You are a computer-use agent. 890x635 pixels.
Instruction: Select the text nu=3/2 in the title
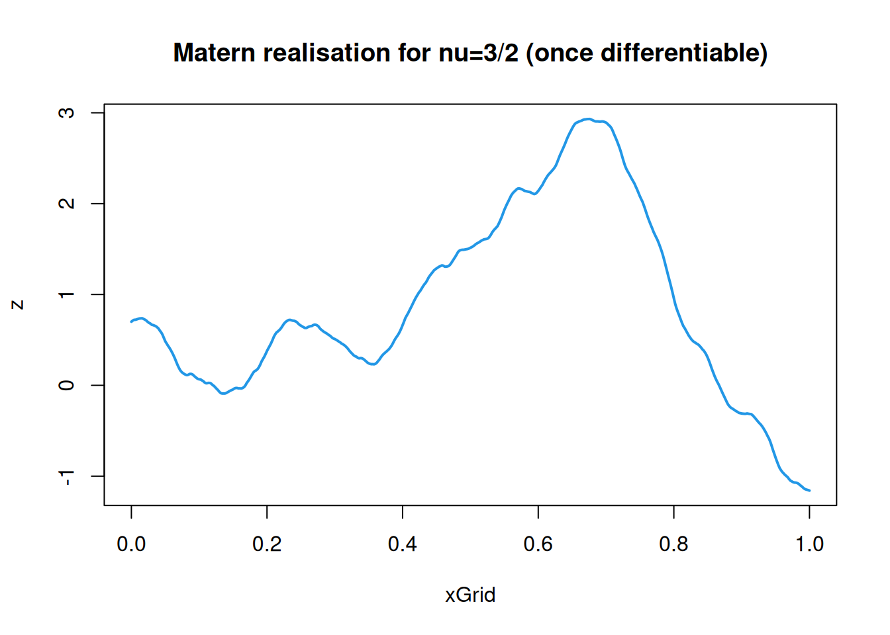click(x=478, y=53)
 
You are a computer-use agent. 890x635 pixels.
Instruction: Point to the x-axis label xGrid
click(x=470, y=595)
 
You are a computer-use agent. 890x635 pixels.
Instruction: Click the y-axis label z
click(x=18, y=304)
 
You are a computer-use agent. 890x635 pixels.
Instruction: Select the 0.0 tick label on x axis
click(x=131, y=544)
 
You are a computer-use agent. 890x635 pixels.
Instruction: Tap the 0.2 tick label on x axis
click(x=267, y=544)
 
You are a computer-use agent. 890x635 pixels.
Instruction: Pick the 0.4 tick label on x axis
click(x=403, y=544)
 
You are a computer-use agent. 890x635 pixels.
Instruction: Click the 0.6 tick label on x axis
click(x=538, y=544)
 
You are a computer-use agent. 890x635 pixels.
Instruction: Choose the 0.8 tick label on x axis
click(x=673, y=544)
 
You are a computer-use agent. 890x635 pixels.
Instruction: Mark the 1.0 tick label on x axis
click(x=809, y=544)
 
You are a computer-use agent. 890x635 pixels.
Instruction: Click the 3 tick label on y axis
click(x=67, y=112)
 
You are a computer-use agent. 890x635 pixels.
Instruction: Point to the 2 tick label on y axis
click(x=67, y=203)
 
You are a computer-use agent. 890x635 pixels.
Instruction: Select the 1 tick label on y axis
click(x=67, y=294)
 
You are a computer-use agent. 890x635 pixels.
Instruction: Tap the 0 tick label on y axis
click(x=67, y=385)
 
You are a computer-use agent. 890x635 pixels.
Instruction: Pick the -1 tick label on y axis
click(x=67, y=477)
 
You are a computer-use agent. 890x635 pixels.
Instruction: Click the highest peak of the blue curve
click(x=587, y=119)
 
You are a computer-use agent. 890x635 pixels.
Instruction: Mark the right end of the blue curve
click(x=809, y=490)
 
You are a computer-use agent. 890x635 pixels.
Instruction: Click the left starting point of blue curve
click(x=131, y=321)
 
